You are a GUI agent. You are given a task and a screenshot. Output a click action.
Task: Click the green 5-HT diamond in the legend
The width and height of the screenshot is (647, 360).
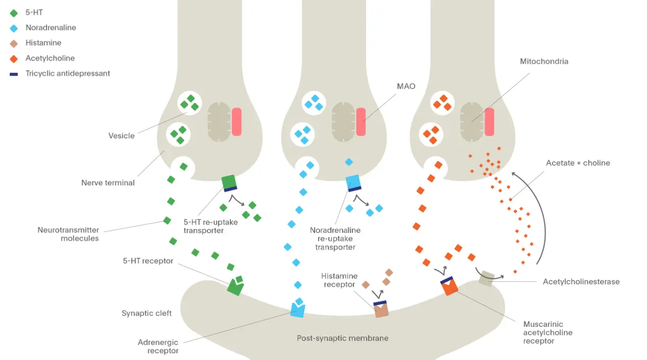(x=14, y=13)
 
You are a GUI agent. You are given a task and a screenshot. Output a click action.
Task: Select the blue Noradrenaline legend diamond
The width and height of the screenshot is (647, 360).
(x=14, y=28)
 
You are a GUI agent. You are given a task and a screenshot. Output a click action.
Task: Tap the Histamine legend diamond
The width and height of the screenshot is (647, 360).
(x=14, y=43)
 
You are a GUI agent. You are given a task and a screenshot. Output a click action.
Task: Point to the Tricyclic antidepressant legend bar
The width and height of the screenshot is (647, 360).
(x=14, y=74)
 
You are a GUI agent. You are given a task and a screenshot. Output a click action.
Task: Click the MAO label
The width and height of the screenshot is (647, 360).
(x=406, y=86)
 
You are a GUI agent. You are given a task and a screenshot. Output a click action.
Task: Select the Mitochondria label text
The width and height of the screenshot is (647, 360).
(x=544, y=61)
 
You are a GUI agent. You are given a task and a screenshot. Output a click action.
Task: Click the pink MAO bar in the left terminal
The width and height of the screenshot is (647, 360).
(x=236, y=122)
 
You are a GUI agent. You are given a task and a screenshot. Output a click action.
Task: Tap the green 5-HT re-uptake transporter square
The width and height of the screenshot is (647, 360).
(x=229, y=183)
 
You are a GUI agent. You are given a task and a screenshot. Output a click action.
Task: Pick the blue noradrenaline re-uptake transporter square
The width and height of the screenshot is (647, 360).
(x=353, y=183)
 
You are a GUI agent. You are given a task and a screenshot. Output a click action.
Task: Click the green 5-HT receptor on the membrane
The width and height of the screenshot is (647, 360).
(x=235, y=287)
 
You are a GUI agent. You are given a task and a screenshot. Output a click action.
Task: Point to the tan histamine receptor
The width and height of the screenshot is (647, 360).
(x=381, y=309)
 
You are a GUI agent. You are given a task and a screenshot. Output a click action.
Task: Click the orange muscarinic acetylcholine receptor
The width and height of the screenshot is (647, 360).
(x=449, y=286)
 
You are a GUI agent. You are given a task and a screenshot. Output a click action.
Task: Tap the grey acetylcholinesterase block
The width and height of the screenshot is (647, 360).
(x=487, y=278)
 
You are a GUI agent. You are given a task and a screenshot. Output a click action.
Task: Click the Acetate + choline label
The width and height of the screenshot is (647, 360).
(x=578, y=163)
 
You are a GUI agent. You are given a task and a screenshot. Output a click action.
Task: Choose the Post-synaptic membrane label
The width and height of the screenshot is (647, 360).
(x=343, y=338)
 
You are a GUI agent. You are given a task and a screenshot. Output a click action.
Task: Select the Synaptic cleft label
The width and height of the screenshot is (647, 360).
(x=147, y=313)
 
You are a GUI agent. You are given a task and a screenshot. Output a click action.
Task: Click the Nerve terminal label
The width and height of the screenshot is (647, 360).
(x=108, y=183)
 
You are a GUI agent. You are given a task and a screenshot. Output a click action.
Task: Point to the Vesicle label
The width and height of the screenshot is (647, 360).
(x=122, y=136)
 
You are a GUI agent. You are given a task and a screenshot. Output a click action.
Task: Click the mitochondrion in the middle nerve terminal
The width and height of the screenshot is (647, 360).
(x=343, y=122)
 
